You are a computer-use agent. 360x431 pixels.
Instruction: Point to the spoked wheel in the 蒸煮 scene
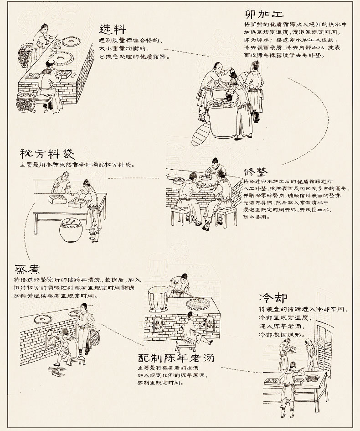click(95, 339)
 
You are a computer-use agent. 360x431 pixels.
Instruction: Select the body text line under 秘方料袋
click(77, 165)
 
